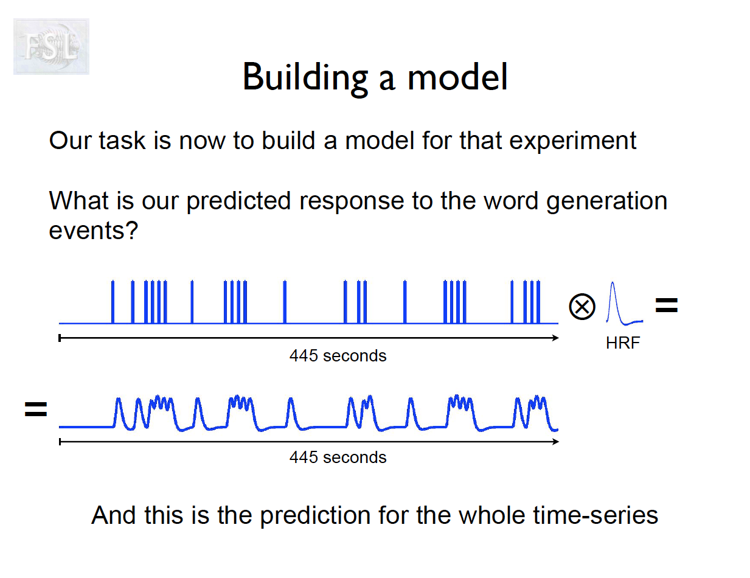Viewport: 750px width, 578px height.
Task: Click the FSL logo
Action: click(x=51, y=47)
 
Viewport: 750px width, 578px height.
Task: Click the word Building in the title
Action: click(x=305, y=78)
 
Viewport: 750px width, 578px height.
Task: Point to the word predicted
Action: click(x=239, y=201)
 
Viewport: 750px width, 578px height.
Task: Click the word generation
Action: click(x=607, y=201)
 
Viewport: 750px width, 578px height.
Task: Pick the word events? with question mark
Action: click(x=94, y=231)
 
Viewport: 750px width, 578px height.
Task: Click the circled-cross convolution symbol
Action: click(x=582, y=307)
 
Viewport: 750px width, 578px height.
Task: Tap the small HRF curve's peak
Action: click(x=613, y=283)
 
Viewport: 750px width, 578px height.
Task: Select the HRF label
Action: click(x=623, y=343)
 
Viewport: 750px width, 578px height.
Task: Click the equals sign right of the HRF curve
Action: click(x=667, y=305)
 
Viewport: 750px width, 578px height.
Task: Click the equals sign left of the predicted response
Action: click(x=36, y=409)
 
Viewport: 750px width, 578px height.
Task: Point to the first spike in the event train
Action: click(x=113, y=302)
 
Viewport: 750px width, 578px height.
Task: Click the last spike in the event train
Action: click(x=538, y=302)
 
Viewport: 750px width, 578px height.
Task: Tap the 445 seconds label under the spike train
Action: click(x=338, y=356)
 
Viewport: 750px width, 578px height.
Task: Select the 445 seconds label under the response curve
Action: click(x=338, y=458)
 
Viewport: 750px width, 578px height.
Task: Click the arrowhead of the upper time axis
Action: click(x=556, y=338)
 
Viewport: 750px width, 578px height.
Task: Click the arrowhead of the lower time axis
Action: click(x=556, y=442)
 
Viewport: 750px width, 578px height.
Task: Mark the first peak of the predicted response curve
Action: click(x=119, y=399)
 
